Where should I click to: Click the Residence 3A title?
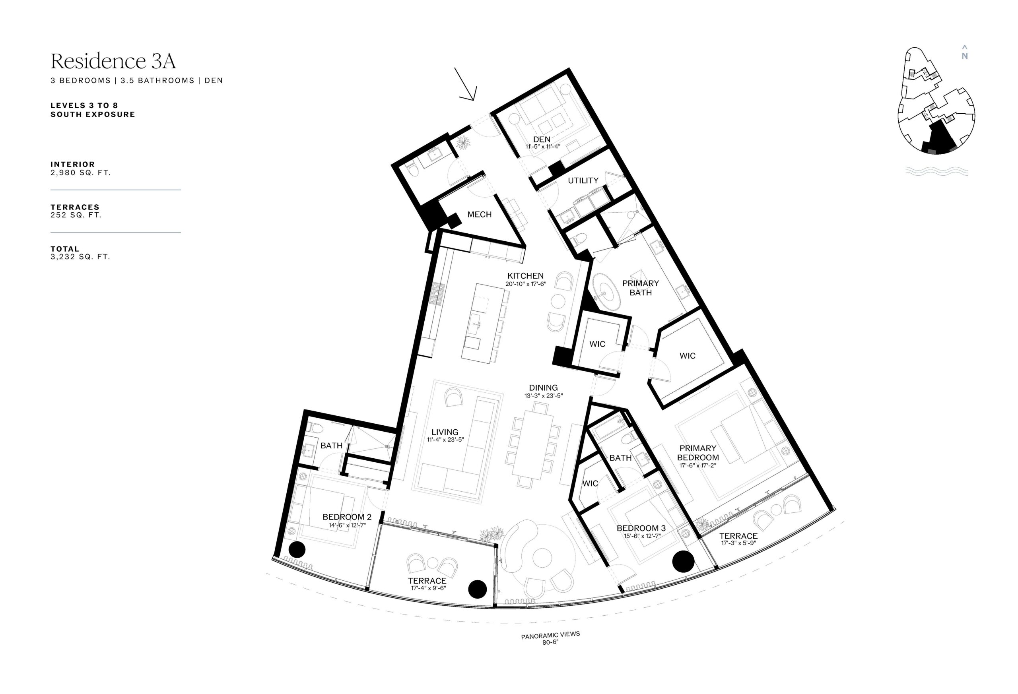click(113, 61)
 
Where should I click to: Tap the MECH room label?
click(479, 215)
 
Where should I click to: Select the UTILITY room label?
click(583, 180)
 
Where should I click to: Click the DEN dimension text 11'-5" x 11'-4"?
click(543, 147)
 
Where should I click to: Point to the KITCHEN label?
click(526, 276)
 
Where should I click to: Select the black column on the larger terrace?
click(477, 589)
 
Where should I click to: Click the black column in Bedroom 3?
click(683, 562)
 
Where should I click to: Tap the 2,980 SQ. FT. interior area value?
click(81, 173)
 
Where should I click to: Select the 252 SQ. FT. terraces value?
click(76, 215)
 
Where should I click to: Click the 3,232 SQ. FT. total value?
click(80, 257)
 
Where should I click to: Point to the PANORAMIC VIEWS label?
click(550, 635)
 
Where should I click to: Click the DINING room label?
click(543, 388)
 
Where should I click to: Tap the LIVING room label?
click(445, 432)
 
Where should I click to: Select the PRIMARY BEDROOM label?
click(698, 453)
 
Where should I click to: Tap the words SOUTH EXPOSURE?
click(93, 114)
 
